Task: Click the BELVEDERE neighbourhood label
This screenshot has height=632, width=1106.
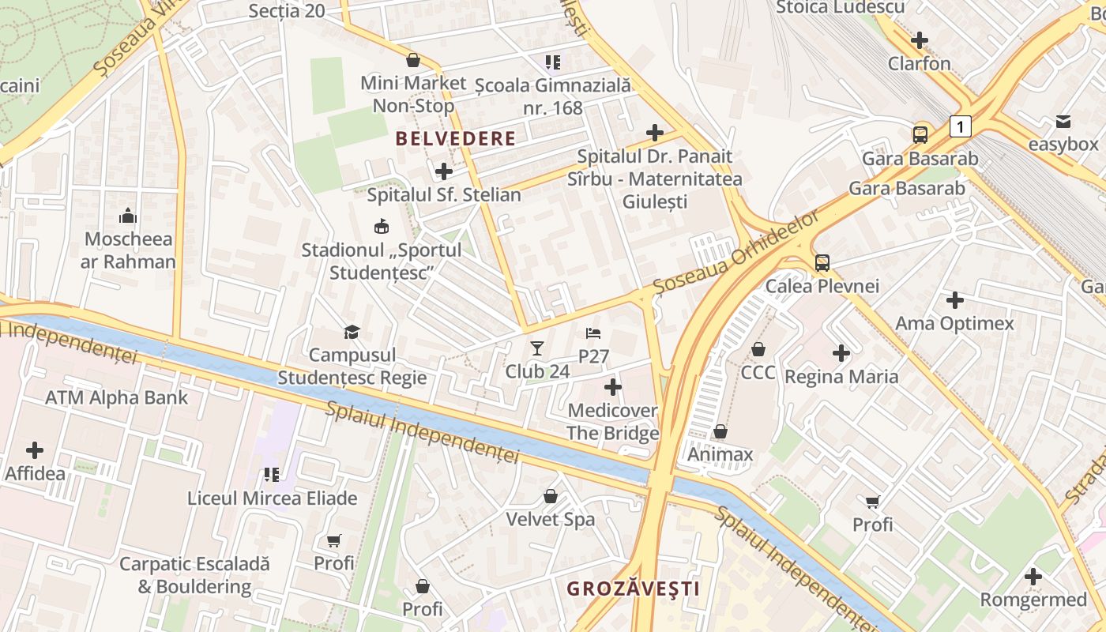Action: point(455,139)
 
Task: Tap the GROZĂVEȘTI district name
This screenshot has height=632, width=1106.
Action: point(634,589)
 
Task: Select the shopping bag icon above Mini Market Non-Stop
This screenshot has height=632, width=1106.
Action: point(412,60)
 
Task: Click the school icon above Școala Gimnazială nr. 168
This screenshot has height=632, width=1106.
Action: point(553,62)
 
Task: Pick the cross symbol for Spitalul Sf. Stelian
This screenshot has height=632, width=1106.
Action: point(444,171)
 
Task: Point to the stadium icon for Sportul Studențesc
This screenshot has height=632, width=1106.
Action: point(381,227)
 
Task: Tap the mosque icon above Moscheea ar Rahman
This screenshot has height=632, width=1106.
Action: point(128,216)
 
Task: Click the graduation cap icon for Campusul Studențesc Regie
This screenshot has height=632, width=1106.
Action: point(352,332)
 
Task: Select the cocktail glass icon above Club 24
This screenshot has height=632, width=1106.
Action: point(537,348)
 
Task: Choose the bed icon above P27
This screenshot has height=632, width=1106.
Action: point(593,333)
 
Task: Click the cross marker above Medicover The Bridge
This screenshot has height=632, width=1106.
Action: point(612,387)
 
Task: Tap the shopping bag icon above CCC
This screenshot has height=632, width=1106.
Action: point(758,348)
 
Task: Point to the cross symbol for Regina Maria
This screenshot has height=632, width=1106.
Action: point(841,353)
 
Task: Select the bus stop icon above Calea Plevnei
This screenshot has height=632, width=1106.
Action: point(822,262)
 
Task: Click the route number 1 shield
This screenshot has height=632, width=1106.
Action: point(960,126)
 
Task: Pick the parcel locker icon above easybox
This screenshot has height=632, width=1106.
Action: point(1063,122)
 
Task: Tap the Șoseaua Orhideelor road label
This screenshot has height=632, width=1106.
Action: point(737,254)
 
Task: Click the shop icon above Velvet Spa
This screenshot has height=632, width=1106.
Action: point(551,496)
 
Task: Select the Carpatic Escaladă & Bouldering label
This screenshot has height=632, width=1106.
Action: point(194,575)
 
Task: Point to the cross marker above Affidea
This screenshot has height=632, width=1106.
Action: point(35,450)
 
